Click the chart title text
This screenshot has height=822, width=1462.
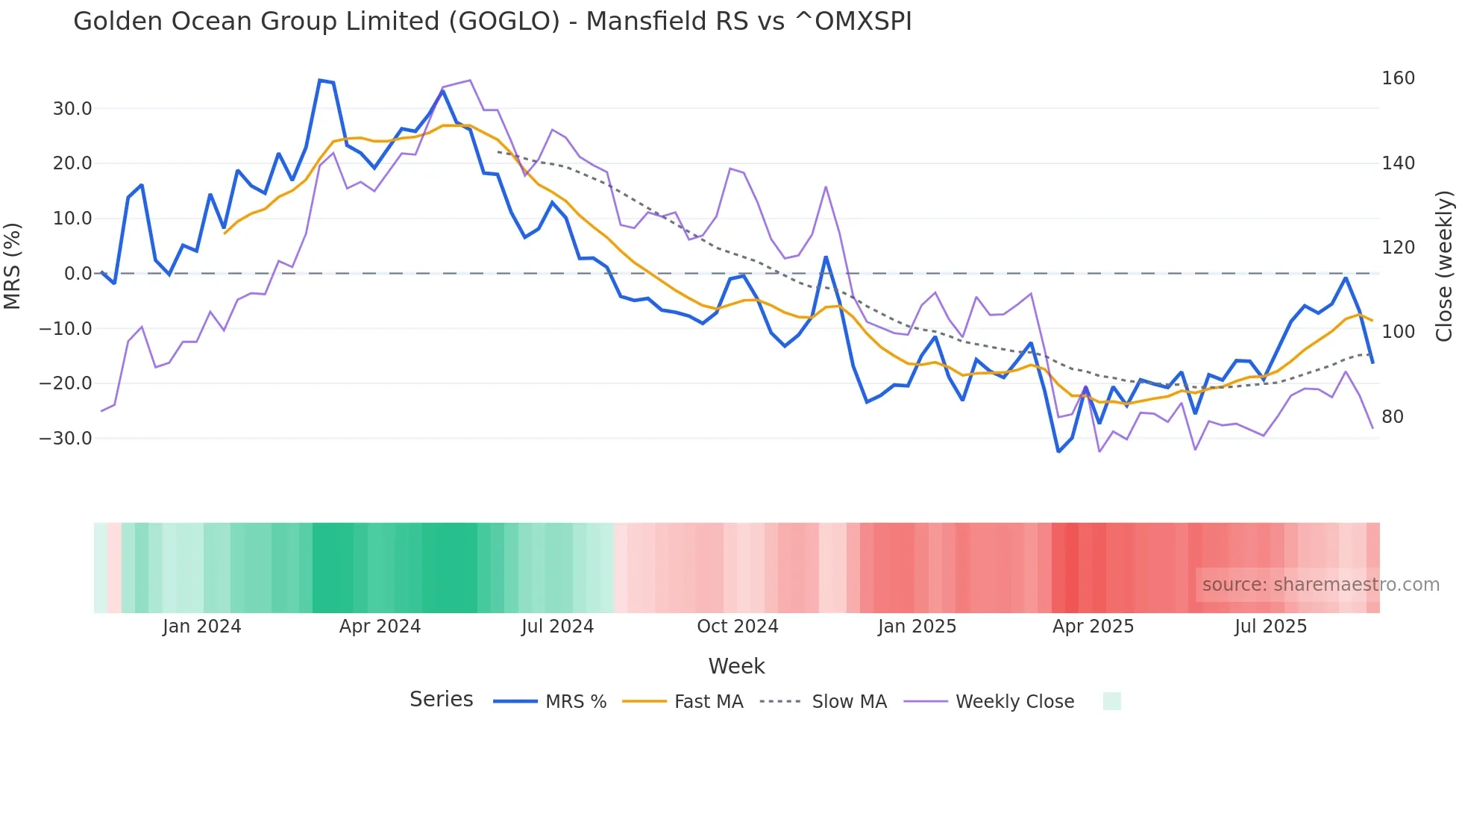click(x=492, y=22)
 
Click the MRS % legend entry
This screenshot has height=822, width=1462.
click(x=575, y=702)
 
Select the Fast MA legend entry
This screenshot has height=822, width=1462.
click(x=708, y=702)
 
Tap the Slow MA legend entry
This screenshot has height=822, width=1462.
click(x=849, y=702)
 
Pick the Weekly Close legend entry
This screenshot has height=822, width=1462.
click(x=1014, y=702)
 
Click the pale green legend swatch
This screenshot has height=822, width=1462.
click(x=1111, y=701)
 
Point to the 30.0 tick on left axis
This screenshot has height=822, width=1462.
click(x=72, y=109)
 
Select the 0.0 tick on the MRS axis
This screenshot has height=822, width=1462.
click(x=78, y=274)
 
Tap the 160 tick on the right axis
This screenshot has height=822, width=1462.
click(x=1398, y=78)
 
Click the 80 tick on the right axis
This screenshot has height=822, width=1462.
click(x=1392, y=417)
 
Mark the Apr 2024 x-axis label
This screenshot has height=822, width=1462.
click(x=380, y=627)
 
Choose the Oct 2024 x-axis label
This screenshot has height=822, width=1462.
click(x=737, y=627)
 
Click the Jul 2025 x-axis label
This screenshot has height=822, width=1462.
click(x=1270, y=627)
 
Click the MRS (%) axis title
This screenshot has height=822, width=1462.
click(x=13, y=266)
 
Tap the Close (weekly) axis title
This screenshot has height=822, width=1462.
click(x=1444, y=266)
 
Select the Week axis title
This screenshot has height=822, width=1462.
click(x=736, y=666)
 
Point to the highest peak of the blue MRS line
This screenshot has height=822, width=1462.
click(x=320, y=81)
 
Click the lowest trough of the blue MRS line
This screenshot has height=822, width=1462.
click(x=1058, y=451)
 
